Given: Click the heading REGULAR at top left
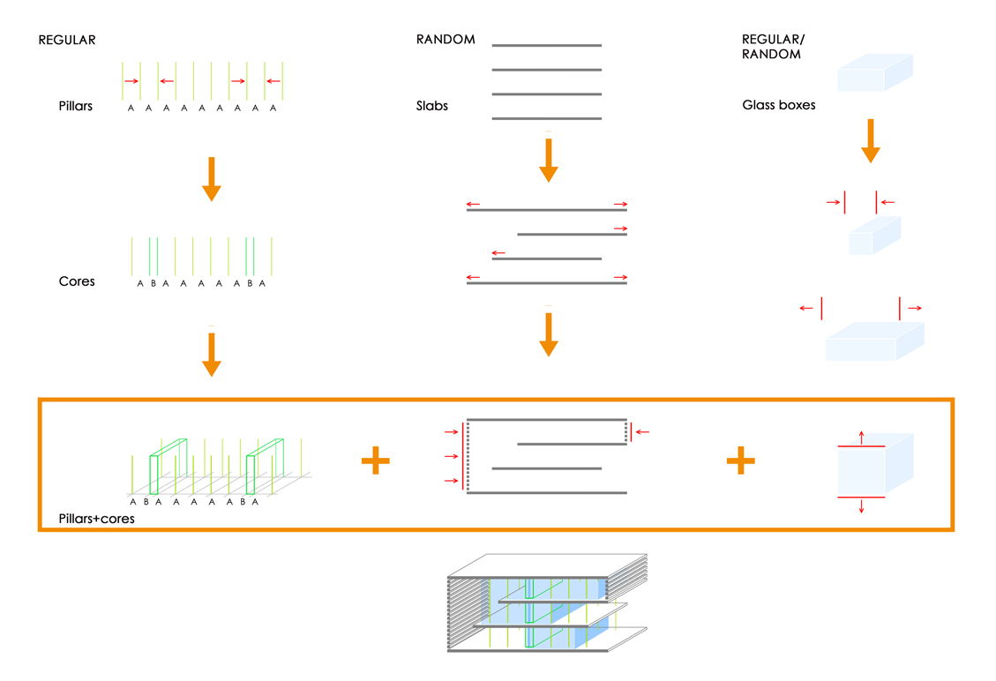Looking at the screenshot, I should pyautogui.click(x=67, y=40).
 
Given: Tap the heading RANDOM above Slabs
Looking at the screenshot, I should pyautogui.click(x=446, y=40).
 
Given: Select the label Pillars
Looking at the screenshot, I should pyautogui.click(x=76, y=106).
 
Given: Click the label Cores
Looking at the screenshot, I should pyautogui.click(x=77, y=281).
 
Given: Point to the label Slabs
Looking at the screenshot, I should pyautogui.click(x=432, y=106).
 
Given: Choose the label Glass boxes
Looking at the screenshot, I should pyautogui.click(x=779, y=105).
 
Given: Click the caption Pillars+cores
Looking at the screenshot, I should pyautogui.click(x=96, y=519).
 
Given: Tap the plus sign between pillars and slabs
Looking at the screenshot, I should pyautogui.click(x=376, y=460).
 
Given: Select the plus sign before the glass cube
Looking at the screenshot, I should pyautogui.click(x=740, y=460).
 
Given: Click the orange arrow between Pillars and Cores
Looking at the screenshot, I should pyautogui.click(x=211, y=178).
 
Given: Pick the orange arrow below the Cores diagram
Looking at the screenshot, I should pyautogui.click(x=211, y=355).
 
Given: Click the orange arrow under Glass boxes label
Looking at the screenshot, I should pyautogui.click(x=871, y=141).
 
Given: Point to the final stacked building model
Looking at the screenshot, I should pyautogui.click(x=547, y=604).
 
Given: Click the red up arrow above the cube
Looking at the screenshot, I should pyautogui.click(x=862, y=436).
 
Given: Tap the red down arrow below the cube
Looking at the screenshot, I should pyautogui.click(x=862, y=507).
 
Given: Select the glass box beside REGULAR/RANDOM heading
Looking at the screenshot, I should pyautogui.click(x=874, y=73).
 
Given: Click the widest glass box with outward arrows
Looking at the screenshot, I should pyautogui.click(x=873, y=342).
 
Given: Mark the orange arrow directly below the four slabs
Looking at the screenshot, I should pyautogui.click(x=549, y=159).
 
